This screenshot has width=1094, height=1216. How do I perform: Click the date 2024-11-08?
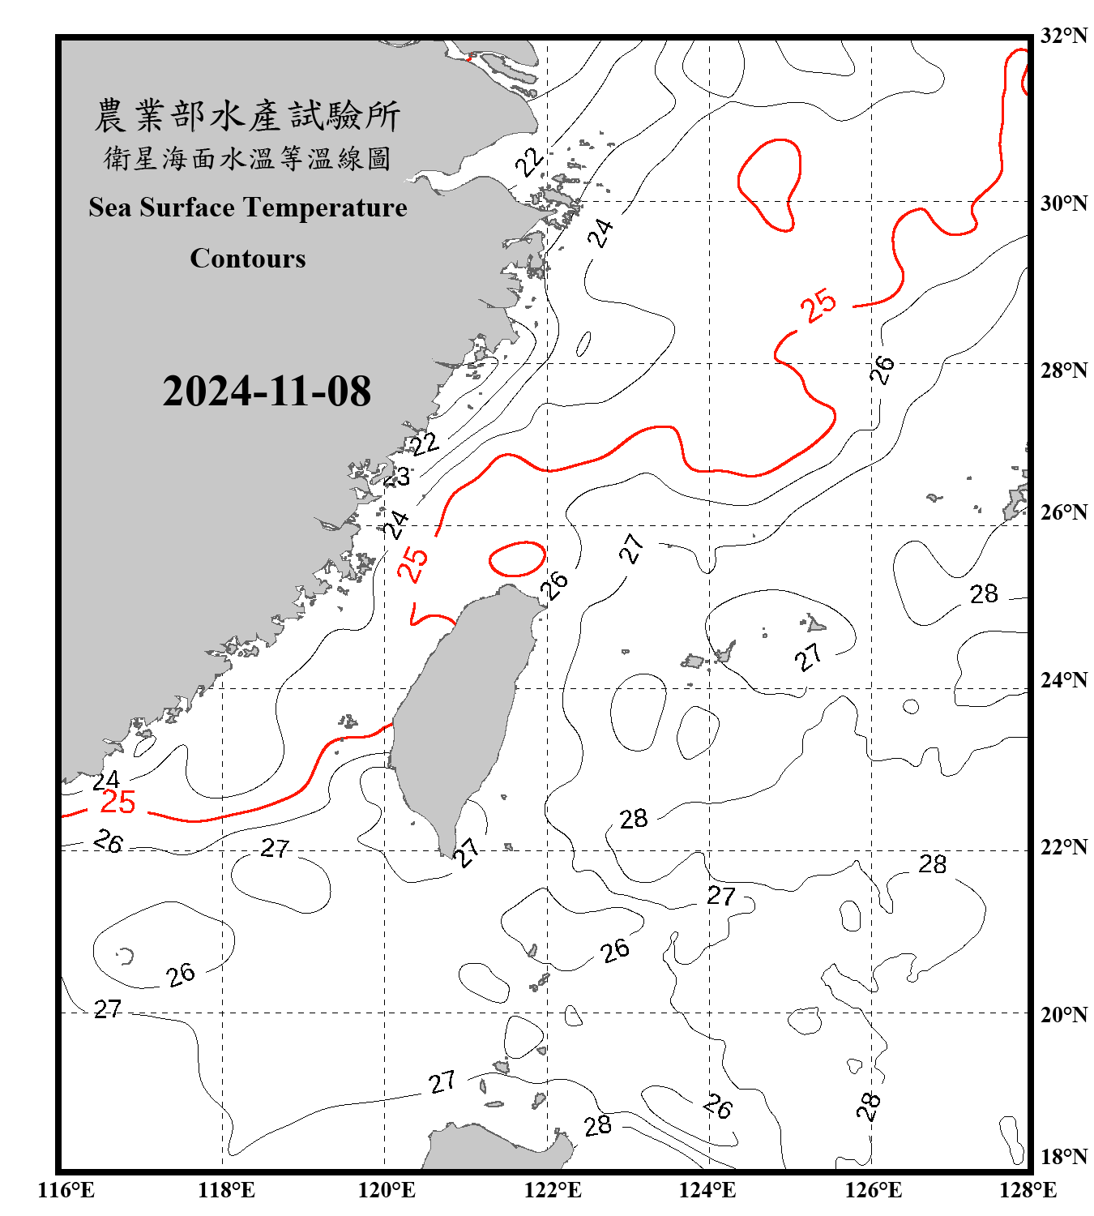[267, 392]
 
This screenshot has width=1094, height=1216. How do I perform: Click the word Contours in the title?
[248, 259]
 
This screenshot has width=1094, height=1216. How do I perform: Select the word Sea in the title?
[110, 208]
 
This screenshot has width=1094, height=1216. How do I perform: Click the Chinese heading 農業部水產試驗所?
[247, 116]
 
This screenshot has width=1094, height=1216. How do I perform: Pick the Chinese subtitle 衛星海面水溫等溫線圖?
[247, 158]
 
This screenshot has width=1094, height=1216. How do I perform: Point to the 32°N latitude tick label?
[1064, 36]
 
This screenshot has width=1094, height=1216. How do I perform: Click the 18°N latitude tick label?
[1064, 1157]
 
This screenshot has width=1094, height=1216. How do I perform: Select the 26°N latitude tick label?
[1064, 512]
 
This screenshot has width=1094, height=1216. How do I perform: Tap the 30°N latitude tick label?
[1064, 203]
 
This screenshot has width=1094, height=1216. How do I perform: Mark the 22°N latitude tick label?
[1064, 847]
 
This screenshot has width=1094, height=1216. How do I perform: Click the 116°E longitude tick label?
[66, 1190]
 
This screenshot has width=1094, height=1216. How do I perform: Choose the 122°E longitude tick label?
[553, 1190]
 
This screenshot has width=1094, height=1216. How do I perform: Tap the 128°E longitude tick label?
[1028, 1190]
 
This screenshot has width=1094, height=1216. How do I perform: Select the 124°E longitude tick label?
[707, 1190]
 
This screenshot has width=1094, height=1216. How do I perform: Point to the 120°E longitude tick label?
[387, 1190]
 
